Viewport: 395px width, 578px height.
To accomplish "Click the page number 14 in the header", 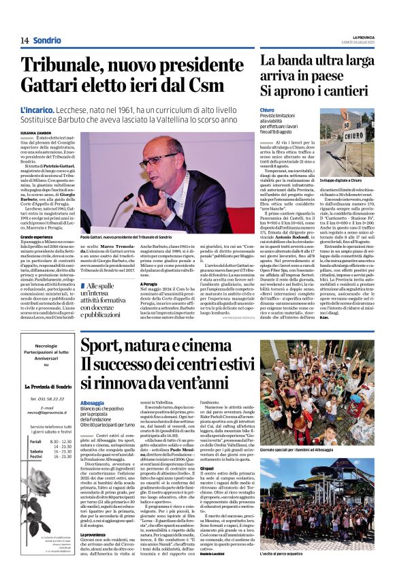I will (25, 40).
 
